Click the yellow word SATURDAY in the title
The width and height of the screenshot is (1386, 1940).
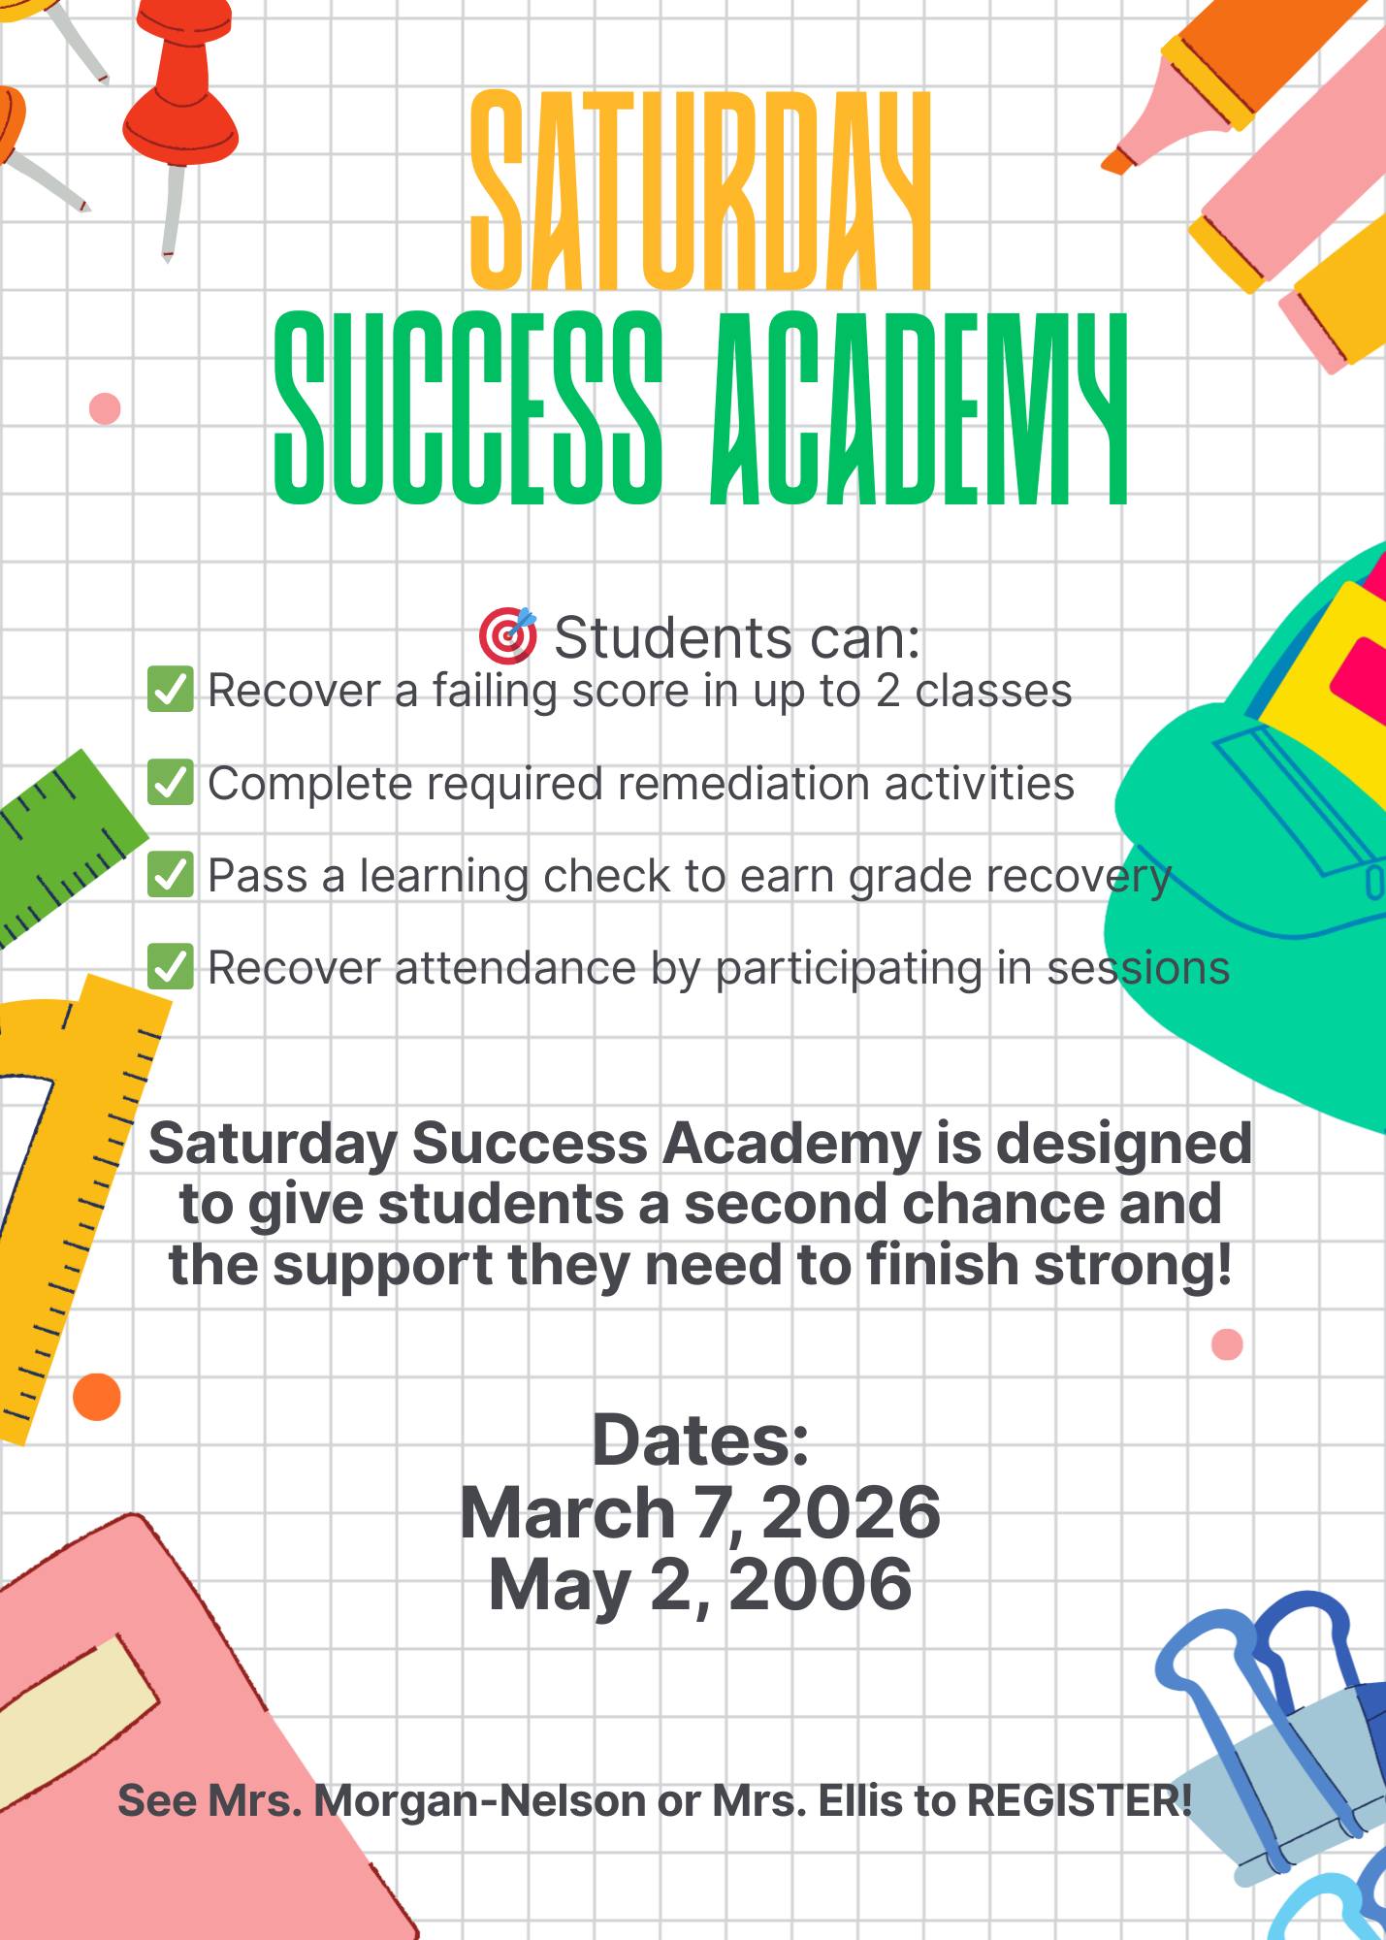pos(700,190)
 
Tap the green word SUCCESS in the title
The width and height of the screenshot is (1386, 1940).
pos(468,408)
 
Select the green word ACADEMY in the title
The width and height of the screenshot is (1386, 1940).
pos(919,408)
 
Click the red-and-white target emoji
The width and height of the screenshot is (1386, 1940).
pos(507,635)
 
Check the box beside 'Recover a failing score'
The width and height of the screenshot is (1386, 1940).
pos(171,690)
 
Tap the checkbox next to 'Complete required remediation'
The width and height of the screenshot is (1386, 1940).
pos(171,782)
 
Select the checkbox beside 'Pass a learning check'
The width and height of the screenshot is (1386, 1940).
pos(171,874)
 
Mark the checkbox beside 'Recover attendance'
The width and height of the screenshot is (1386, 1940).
pos(171,966)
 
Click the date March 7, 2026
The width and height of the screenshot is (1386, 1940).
pos(700,1513)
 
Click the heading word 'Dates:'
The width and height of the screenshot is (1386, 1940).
pos(700,1440)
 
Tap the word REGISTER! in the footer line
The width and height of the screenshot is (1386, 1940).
pos(1080,1800)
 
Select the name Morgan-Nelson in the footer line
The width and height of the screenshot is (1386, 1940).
pos(480,1801)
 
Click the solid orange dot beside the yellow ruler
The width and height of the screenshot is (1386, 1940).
pos(97,1397)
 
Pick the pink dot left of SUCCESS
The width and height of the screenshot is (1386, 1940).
pos(105,408)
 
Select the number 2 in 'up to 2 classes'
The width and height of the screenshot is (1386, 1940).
pos(886,691)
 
